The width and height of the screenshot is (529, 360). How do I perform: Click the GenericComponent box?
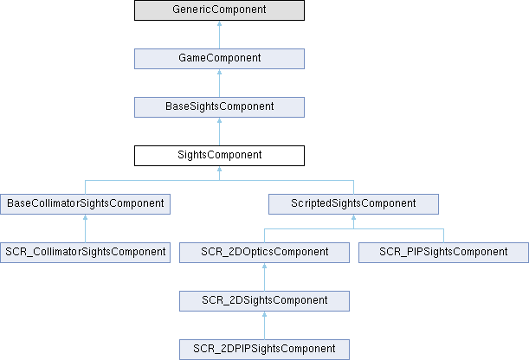pos(219,10)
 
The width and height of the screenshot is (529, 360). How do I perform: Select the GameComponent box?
pos(219,59)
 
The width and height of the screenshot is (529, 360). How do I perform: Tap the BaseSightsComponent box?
pos(219,107)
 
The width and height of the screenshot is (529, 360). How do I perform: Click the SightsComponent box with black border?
pos(219,156)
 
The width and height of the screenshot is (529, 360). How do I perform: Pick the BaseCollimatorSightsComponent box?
pos(86,204)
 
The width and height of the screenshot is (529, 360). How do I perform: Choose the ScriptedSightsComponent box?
pos(353,204)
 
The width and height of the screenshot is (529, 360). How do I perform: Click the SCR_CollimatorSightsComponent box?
pos(86,253)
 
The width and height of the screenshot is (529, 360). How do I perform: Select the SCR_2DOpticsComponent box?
pos(265,253)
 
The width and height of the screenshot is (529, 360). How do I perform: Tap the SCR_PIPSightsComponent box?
pos(443,253)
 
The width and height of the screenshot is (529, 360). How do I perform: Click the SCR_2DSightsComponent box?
pos(265,301)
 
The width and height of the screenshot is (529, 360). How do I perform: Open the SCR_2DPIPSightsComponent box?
pos(265,350)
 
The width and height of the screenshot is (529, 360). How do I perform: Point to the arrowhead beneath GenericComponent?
pos(219,24)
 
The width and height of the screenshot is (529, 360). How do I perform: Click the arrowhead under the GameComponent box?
pos(219,73)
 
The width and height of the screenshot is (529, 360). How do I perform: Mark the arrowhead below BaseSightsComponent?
pos(219,121)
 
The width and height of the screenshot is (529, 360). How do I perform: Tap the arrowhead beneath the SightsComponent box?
pos(219,170)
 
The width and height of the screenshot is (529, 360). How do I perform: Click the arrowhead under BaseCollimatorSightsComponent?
pos(86,218)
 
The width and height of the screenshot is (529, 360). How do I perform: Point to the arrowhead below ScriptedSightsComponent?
pos(353,218)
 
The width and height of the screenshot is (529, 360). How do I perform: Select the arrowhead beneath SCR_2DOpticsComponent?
pos(265,267)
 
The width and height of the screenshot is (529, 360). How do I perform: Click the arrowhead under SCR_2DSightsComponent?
pos(265,315)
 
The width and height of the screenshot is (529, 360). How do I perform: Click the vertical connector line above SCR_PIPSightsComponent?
pos(443,235)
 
